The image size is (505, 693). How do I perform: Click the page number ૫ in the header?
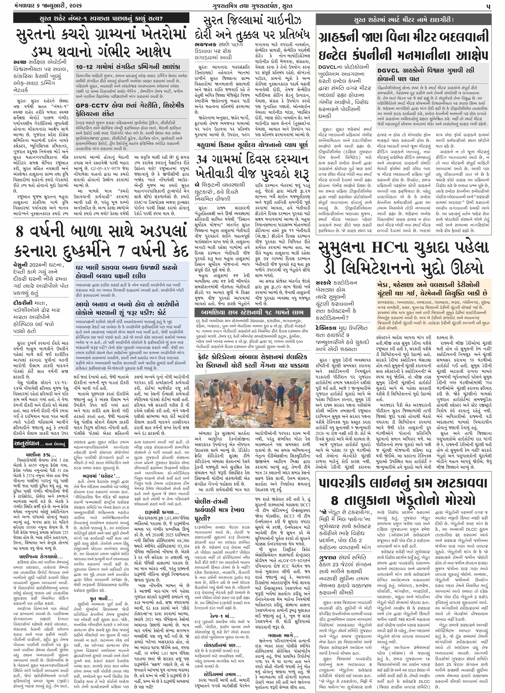[489, 6]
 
